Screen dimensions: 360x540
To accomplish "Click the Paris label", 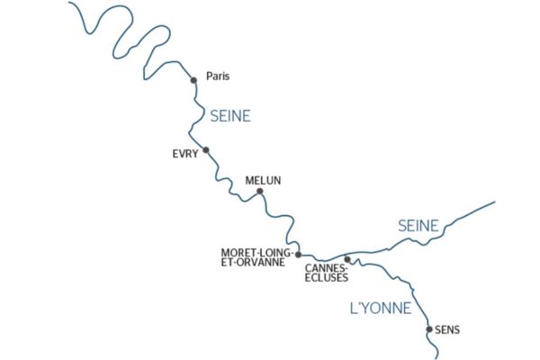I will coord(218,76).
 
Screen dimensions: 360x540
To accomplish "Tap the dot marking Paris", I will coord(193,80).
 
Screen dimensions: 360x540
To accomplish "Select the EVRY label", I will coord(184,154).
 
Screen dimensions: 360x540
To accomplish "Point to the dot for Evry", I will coord(206,150).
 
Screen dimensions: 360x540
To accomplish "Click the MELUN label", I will coord(263,181).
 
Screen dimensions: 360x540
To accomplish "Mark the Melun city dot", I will coord(259,192).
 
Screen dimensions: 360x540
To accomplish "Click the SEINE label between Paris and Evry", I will coord(229,116).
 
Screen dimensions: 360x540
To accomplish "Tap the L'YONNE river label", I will coord(380,309).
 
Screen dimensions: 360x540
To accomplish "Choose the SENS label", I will coord(446,330).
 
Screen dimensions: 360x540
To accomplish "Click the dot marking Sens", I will coord(428,329).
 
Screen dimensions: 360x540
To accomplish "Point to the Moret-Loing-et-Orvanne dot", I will coord(298,255).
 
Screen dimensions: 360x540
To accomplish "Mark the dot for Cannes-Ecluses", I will coord(346,259).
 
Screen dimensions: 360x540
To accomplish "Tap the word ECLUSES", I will coord(326,277).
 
